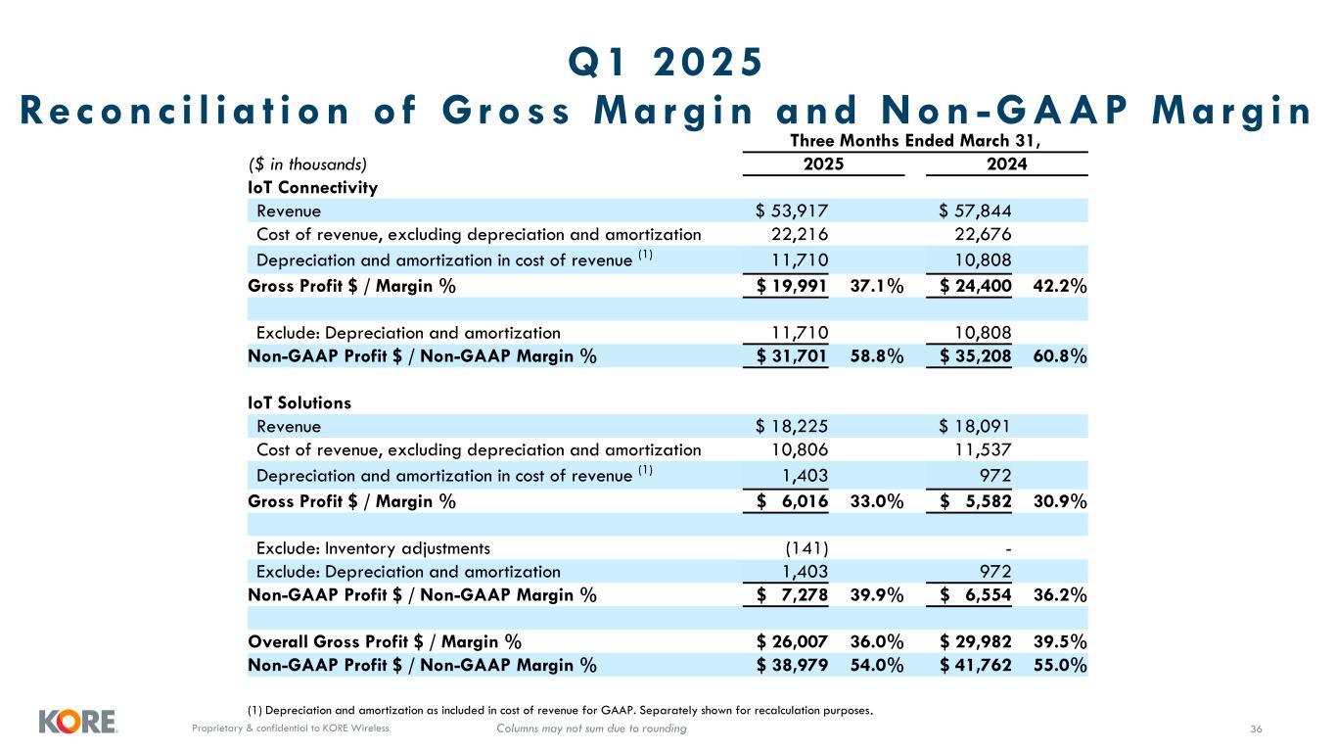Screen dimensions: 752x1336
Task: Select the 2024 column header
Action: coord(1006,164)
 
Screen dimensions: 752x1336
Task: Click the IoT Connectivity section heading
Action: coord(313,187)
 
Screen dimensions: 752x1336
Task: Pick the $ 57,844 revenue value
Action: coord(976,211)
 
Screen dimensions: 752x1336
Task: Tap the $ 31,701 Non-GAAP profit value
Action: coord(793,356)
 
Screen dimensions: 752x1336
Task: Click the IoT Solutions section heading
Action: coord(299,402)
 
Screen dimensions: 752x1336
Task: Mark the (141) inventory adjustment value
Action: coord(807,547)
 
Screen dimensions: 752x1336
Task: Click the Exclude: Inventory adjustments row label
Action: coord(373,547)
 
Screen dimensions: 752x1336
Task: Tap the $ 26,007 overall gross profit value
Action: coord(793,642)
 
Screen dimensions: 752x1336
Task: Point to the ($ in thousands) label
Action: coord(308,164)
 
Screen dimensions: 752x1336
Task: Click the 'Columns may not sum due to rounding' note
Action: coord(591,728)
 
